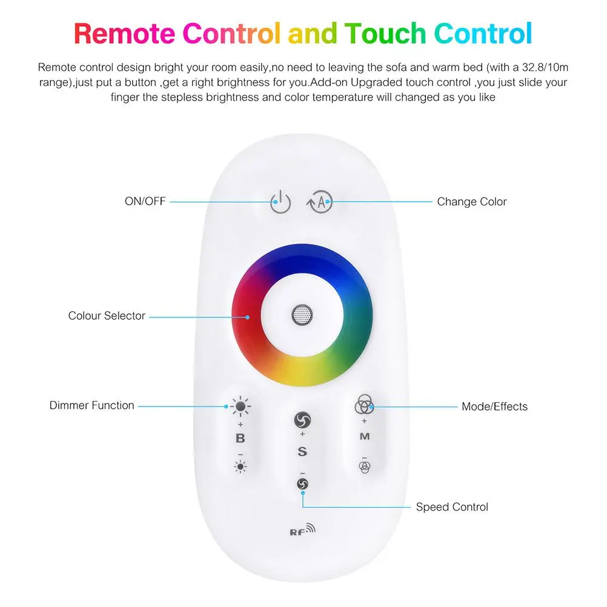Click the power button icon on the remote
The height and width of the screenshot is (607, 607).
click(280, 202)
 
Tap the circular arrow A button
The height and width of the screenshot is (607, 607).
click(320, 202)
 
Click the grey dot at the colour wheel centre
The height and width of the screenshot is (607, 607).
click(300, 314)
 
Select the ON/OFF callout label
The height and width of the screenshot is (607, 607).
click(145, 202)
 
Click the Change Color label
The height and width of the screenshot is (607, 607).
click(471, 202)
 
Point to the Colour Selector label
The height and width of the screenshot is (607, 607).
click(107, 316)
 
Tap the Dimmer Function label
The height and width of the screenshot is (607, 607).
click(91, 405)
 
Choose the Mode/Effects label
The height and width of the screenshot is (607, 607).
click(494, 406)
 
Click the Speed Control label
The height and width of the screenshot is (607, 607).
click(451, 507)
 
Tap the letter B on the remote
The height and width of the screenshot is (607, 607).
click(240, 439)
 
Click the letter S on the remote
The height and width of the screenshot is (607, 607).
click(302, 451)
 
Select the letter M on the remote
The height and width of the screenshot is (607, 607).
click(364, 436)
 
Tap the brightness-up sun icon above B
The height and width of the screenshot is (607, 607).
click(241, 406)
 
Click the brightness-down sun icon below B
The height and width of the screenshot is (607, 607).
click(241, 466)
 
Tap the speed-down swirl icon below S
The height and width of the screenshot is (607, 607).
click(302, 483)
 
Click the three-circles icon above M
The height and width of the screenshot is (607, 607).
click(363, 402)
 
